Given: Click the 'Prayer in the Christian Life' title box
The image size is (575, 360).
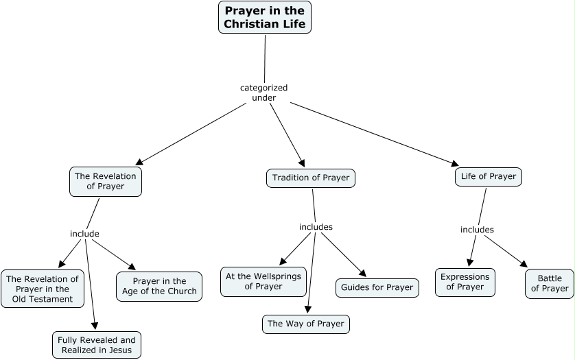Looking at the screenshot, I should coord(265,17).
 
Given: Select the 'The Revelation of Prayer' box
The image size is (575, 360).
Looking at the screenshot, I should coord(106,181).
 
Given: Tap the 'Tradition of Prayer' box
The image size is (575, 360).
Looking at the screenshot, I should coord(310,178).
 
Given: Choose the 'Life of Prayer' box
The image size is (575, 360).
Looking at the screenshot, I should coord(488,177).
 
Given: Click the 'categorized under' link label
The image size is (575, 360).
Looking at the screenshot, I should coord(263,93).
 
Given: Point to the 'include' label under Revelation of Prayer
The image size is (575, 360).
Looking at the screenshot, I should coord(84,234).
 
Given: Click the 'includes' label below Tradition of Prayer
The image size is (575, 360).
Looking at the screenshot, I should coord(316,227).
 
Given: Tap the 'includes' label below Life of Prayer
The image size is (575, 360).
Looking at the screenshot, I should coord(477,230).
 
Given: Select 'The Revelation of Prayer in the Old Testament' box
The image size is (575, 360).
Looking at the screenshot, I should coord(43,289).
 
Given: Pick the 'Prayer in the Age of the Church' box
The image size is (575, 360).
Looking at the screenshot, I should coord(159,287).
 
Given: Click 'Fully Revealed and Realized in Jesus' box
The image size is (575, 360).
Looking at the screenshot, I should coord(97,345).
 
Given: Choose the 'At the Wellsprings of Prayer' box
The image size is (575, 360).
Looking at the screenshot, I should coord(263,281).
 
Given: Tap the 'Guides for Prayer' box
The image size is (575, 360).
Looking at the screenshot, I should coord(377,287).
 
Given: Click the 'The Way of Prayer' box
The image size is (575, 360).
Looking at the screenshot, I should coord(306,324).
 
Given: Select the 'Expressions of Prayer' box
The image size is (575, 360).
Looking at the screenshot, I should coord(465,282).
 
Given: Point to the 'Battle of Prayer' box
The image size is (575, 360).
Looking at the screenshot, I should coord(549,284).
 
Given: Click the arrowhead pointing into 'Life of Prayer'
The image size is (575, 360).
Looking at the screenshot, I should coord(455,164).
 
